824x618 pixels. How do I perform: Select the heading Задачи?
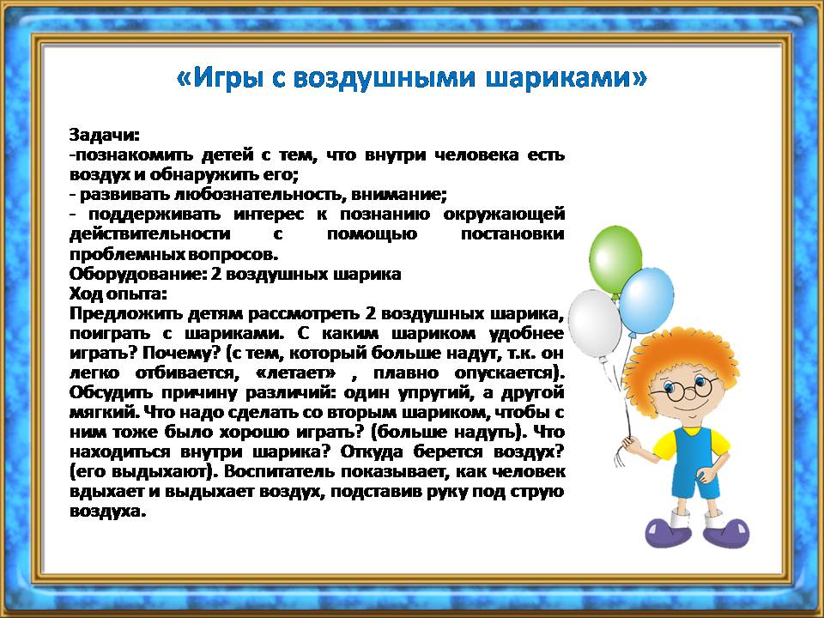[x=105, y=136]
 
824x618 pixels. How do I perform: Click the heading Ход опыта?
[x=118, y=294]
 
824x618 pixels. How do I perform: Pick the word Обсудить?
[x=112, y=393]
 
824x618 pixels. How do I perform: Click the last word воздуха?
[x=107, y=512]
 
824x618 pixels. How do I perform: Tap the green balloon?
[x=615, y=257]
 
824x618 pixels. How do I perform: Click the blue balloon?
[x=645, y=300]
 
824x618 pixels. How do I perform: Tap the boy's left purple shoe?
[x=664, y=532]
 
